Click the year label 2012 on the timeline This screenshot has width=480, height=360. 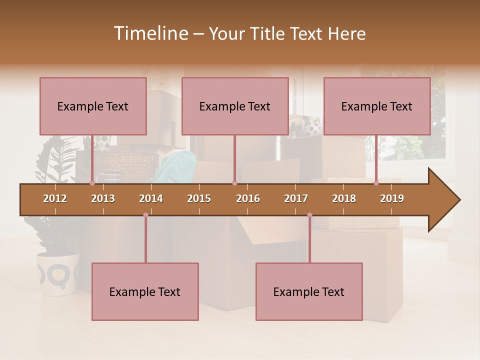[55, 198]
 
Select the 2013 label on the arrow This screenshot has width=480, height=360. [103, 198]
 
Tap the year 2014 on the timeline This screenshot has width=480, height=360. [151, 198]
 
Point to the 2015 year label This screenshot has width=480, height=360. [199, 198]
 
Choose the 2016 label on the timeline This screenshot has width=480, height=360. [248, 198]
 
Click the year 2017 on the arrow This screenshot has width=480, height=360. [296, 198]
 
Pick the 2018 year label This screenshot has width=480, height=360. [344, 198]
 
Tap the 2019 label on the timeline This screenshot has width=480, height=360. [392, 198]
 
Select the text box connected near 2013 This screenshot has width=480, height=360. [93, 106]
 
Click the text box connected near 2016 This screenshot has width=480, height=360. [235, 106]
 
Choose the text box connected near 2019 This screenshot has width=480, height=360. [377, 106]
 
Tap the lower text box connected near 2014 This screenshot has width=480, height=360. [145, 291]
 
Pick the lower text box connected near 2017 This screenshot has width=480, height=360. [309, 291]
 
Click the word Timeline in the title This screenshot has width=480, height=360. [150, 33]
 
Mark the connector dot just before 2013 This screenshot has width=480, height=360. [92, 183]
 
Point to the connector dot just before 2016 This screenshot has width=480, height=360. [234, 183]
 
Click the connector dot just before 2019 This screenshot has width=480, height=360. [376, 183]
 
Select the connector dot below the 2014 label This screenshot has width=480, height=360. [145, 215]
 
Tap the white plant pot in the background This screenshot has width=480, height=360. [58, 273]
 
